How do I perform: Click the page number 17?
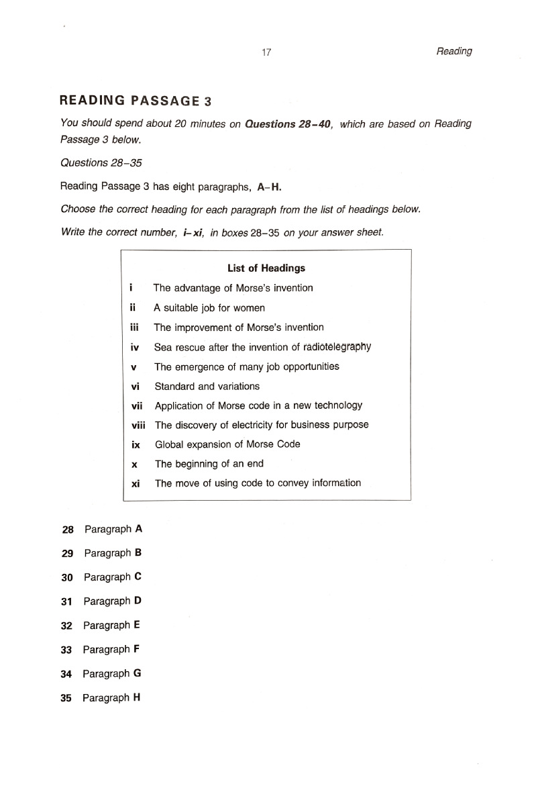266,53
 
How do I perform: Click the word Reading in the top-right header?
453,51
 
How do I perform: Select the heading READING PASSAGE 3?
136,101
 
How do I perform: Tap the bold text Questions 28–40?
288,124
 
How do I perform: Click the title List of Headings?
266,268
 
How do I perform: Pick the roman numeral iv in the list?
134,347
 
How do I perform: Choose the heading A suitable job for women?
209,308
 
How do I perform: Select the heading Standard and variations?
207,386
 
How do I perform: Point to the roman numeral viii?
138,425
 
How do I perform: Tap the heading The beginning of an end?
209,464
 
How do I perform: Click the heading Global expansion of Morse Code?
227,444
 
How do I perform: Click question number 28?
67,529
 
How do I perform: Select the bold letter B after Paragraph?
138,553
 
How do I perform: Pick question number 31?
66,601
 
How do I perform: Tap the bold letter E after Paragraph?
137,625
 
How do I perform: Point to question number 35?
66,698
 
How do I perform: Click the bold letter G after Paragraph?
137,673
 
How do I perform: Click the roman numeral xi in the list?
136,483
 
